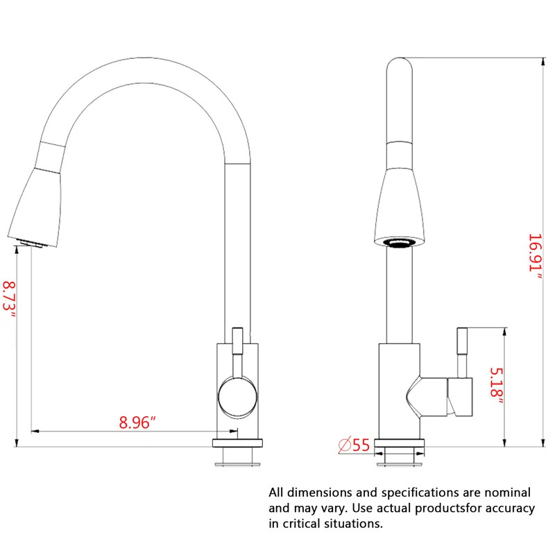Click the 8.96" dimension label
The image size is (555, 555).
click(x=137, y=422)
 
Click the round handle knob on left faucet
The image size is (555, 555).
click(x=238, y=398)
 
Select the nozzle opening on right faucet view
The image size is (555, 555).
click(x=399, y=242)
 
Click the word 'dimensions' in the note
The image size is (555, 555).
click(x=320, y=493)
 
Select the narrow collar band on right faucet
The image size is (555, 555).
click(x=399, y=153)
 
